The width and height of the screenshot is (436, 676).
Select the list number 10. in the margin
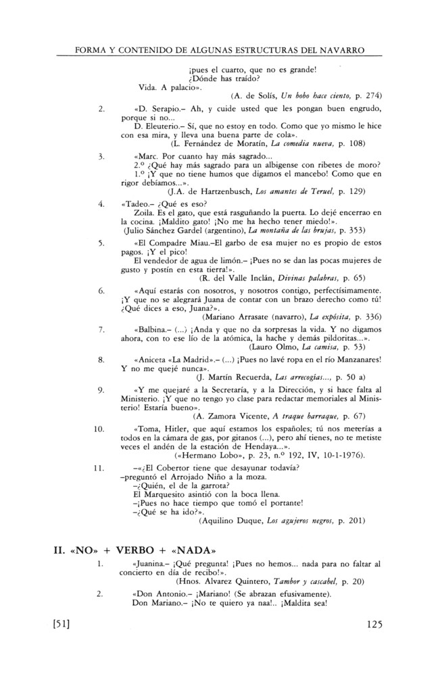pos(98,429)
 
